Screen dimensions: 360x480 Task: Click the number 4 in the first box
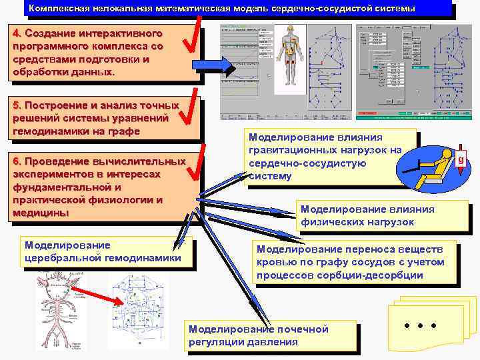[17, 33]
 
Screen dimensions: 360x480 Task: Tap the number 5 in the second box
[17, 105]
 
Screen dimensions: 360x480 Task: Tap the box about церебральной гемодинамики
[103, 251]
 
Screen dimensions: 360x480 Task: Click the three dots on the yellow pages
[421, 326]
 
